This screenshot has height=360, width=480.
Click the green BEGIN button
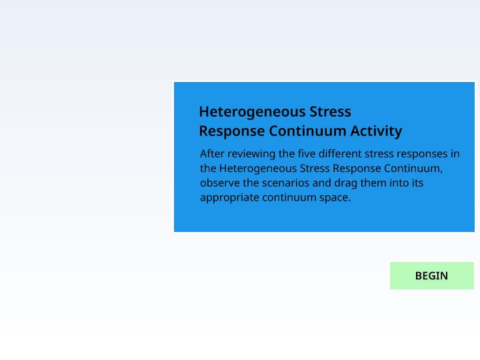coord(431,275)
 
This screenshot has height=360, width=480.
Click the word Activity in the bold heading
coord(376,131)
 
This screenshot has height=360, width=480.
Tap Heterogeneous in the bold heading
coord(252,112)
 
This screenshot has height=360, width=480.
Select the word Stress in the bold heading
coord(330,112)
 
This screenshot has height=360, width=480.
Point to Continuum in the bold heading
coord(307,131)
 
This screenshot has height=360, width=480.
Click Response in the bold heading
coord(232,131)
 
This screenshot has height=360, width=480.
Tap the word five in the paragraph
coord(307,154)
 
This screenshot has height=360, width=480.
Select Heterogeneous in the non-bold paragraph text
coord(258,169)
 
